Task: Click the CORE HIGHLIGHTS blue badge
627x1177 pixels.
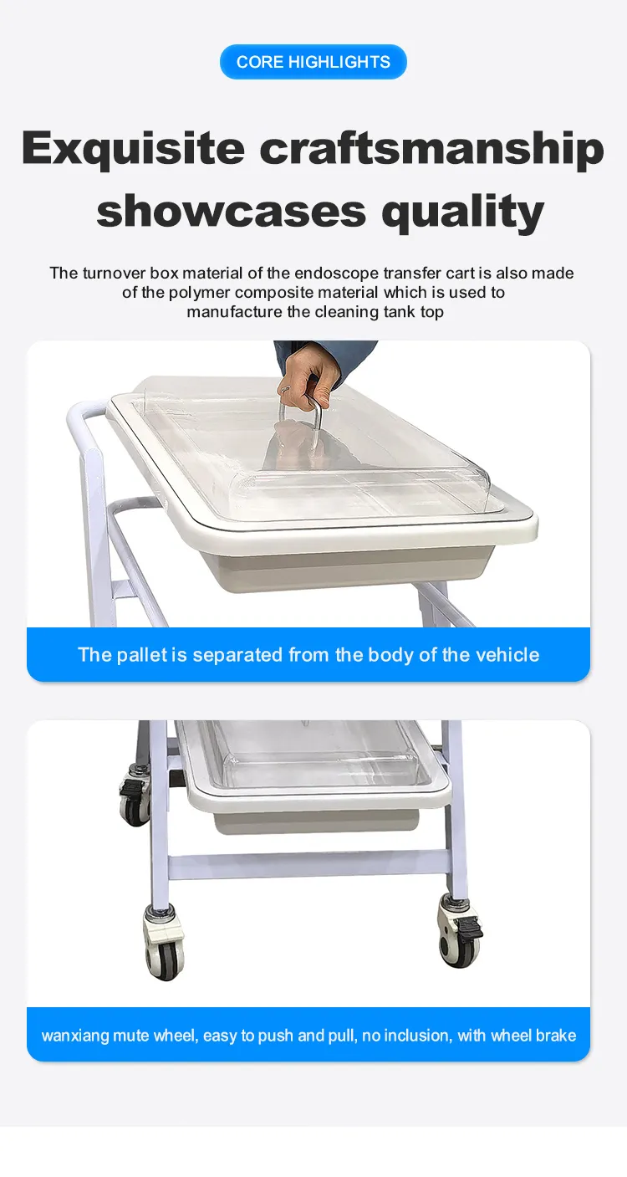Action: pos(313,62)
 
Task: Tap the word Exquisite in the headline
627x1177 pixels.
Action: pos(134,149)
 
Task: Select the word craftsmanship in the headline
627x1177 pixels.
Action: pos(431,148)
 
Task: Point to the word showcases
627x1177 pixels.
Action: pos(231,212)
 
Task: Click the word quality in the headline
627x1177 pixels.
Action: pos(462,212)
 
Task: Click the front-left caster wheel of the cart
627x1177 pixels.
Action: pos(165,946)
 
